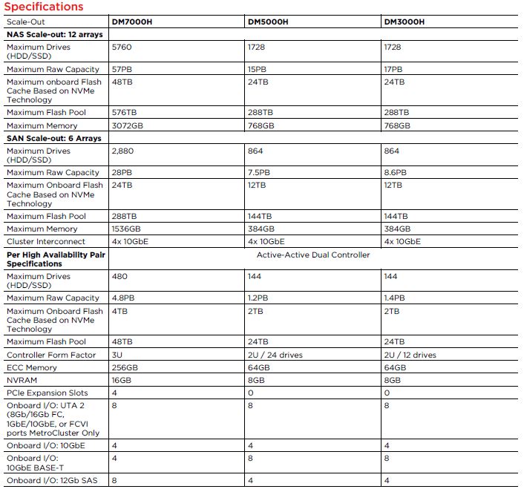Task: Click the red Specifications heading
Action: click(44, 7)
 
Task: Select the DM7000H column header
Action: click(133, 22)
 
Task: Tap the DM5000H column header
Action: click(269, 22)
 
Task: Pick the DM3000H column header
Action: click(405, 22)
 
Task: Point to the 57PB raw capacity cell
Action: click(122, 69)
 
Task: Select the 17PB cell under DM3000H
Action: click(393, 69)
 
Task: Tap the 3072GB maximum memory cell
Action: click(128, 126)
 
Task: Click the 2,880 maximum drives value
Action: click(123, 151)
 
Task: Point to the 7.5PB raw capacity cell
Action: click(260, 172)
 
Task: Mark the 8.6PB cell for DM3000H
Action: click(396, 172)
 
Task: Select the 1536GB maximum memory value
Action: click(127, 229)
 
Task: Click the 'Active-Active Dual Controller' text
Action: click(313, 255)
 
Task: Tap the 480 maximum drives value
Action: click(119, 277)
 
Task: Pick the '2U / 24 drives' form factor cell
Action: click(275, 355)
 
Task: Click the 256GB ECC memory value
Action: click(125, 367)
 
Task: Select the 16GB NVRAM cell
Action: click(122, 380)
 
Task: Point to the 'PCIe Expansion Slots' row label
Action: click(48, 393)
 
